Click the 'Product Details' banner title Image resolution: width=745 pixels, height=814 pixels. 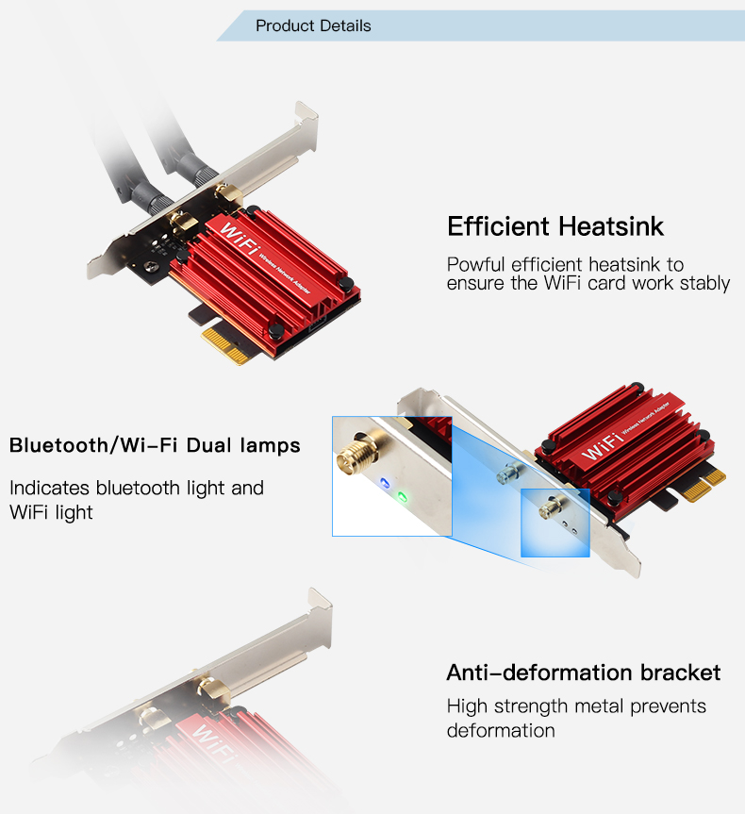313,25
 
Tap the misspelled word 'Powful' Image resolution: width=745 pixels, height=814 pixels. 475,264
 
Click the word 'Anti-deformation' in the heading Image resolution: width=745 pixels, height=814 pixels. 539,673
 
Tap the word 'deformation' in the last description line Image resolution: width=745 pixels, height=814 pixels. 501,730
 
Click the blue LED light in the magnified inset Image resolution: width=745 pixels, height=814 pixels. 385,483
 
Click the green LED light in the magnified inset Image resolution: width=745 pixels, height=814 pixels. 402,497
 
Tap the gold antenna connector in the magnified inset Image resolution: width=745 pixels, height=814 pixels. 356,453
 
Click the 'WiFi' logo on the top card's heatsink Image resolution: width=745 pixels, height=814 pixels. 240,240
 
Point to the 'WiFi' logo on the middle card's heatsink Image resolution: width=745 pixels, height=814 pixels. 603,446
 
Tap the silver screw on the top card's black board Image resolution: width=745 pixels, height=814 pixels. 151,266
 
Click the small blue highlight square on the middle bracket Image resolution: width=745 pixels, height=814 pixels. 555,523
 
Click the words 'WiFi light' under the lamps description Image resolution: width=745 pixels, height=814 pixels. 51,512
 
